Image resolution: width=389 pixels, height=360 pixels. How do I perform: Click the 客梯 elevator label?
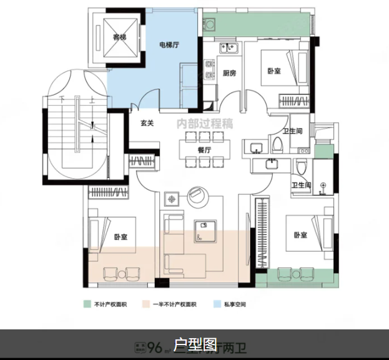coord(119,37)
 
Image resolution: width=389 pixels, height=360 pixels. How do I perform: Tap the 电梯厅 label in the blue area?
coord(170,44)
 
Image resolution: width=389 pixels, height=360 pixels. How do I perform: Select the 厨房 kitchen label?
coord(230,73)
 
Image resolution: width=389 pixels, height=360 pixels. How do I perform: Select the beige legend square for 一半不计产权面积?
coord(145,304)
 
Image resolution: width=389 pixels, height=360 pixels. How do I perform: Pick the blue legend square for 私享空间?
coord(217,304)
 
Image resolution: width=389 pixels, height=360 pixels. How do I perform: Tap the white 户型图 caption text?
coord(195,344)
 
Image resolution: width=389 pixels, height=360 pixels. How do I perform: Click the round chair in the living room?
coord(199,196)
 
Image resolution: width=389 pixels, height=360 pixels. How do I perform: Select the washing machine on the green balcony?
coord(210,25)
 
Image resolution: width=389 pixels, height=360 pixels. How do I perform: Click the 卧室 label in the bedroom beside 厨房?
coord(273,71)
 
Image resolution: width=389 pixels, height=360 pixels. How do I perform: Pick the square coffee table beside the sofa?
coord(171,199)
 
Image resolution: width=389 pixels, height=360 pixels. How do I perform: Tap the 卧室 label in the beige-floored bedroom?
coord(121,237)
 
